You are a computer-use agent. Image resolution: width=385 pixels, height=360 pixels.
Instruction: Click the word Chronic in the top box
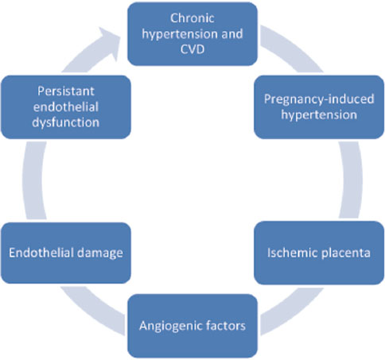[192, 18]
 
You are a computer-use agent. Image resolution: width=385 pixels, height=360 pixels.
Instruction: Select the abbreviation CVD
[192, 49]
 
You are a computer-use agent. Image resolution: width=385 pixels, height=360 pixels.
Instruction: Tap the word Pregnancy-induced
[319, 99]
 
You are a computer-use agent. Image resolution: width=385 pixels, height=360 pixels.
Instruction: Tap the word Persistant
[66, 91]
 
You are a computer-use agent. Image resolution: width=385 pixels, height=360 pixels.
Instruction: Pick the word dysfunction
[66, 122]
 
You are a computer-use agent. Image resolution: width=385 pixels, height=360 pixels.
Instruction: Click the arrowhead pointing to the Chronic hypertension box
[110, 42]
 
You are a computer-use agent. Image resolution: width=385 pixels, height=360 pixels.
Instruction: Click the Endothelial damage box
[66, 253]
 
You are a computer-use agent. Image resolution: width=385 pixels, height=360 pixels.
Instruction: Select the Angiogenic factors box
[192, 326]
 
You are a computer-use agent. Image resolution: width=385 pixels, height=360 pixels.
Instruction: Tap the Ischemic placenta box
[319, 253]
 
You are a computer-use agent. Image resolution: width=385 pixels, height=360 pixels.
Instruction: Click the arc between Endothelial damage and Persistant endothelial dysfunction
[33, 180]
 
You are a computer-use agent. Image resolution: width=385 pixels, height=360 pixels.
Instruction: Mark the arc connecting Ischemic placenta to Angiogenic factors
[293, 312]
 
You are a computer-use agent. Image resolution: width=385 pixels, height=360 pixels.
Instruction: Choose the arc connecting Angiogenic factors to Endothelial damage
[91, 312]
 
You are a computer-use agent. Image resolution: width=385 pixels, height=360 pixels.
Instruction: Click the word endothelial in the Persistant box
[66, 107]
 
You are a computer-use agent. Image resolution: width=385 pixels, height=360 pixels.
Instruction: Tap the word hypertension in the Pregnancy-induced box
[319, 115]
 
